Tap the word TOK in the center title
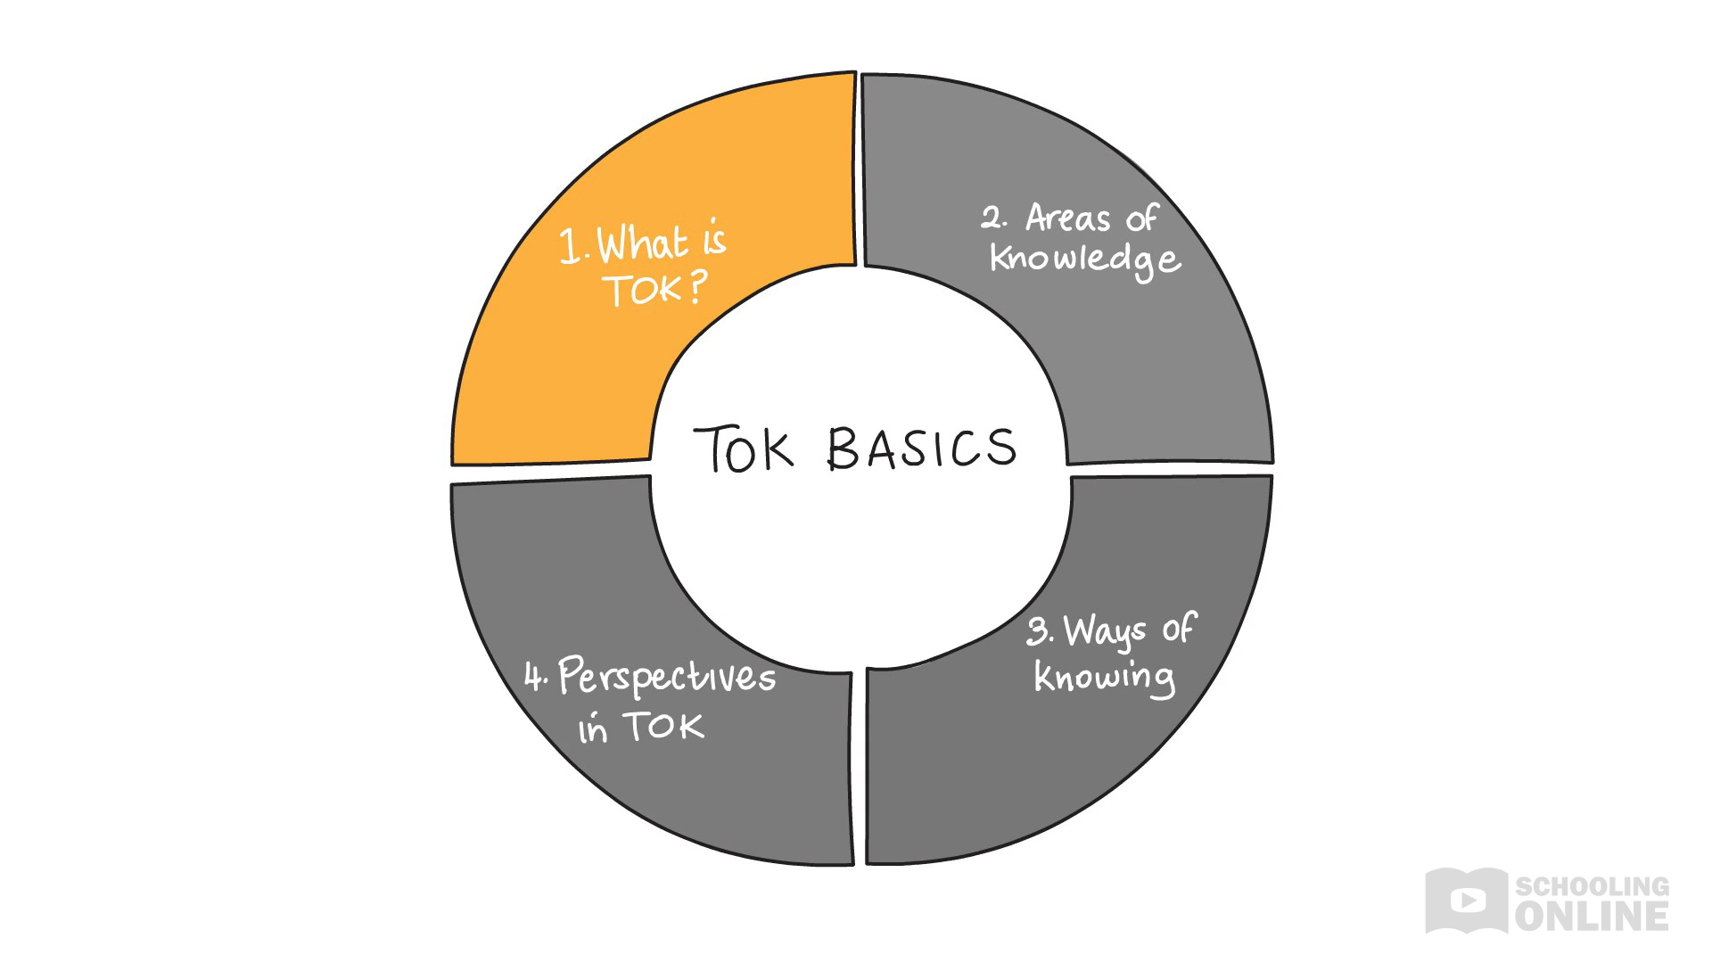point(743,449)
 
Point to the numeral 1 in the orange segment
point(569,246)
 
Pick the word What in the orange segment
point(642,243)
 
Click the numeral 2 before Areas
point(992,218)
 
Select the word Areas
point(1067,218)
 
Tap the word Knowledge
point(1085,259)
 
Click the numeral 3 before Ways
point(1038,631)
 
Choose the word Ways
point(1105,631)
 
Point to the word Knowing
point(1104,678)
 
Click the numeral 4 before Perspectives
point(533,677)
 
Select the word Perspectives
point(667,677)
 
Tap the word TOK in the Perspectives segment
point(663,727)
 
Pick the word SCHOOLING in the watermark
point(1592,886)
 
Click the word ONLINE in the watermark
point(1592,917)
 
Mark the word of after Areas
point(1141,218)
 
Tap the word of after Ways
point(1179,629)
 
